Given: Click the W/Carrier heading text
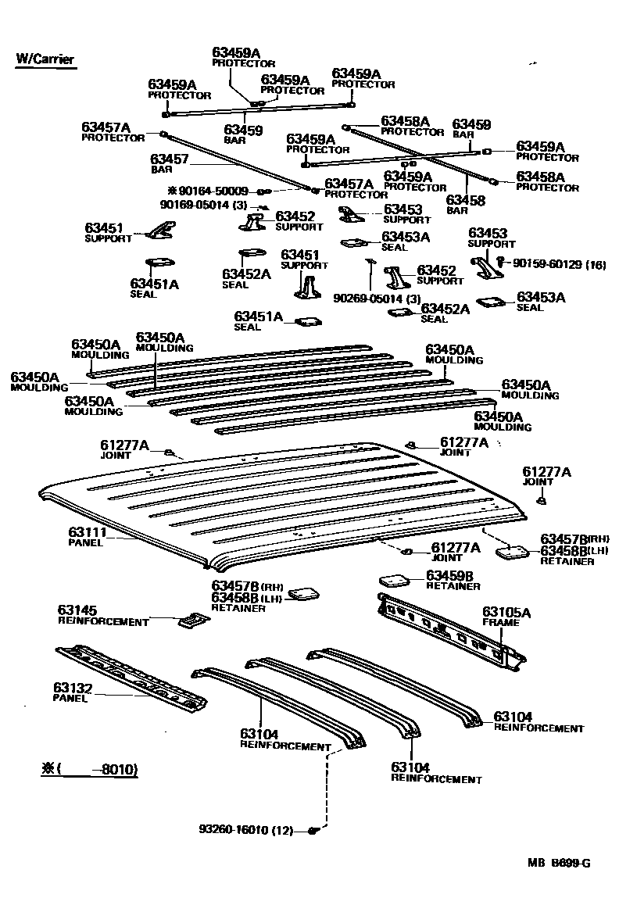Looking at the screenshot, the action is pos(45,59).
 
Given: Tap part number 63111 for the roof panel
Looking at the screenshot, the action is pos(88,532).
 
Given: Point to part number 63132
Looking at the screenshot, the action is pos(73,688).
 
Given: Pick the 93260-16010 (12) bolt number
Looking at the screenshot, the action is pos(246,830).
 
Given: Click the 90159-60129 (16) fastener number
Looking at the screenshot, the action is pos(559,264).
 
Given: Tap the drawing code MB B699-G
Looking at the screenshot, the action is pos(558,863).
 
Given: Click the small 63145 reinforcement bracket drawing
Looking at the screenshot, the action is pos(194,621).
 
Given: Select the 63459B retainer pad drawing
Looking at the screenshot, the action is pos(394,579).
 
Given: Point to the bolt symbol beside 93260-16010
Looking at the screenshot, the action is pos(313,831).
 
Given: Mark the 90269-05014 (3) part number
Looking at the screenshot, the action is pos(377,299).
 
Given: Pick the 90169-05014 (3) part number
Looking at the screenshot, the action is pos(203,205).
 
